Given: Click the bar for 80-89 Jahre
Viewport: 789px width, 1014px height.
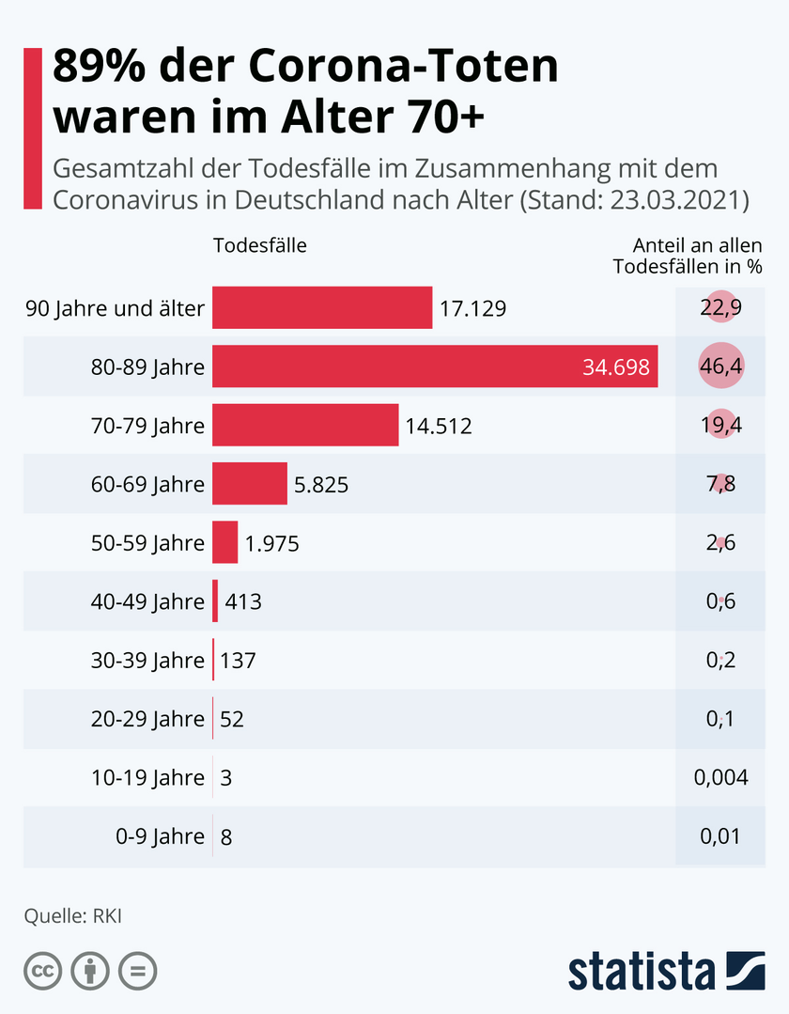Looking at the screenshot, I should (435, 367).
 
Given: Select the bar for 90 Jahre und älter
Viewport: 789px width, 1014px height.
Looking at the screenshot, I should (322, 308).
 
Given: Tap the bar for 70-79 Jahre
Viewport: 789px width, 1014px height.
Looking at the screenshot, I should (305, 425).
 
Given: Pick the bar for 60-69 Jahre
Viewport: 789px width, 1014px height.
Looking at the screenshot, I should (250, 484).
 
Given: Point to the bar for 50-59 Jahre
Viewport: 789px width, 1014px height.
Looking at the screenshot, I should (225, 542).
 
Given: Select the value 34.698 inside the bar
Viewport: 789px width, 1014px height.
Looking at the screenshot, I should (616, 367).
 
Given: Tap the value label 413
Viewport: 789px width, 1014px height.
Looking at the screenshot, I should (242, 601).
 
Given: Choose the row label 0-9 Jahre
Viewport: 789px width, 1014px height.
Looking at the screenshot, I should (154, 836).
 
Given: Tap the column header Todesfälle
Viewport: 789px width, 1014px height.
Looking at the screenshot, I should (260, 245).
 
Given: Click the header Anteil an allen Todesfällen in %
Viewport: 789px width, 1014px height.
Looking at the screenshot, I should (688, 256).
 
